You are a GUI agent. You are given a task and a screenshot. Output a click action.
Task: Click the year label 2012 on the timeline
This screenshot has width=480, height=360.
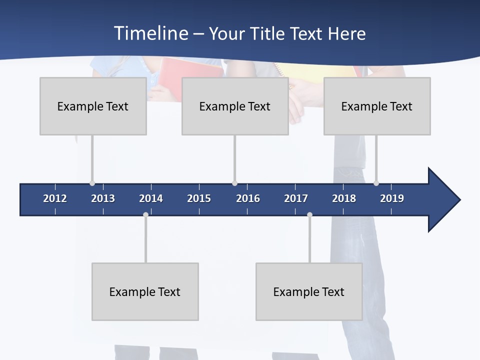pyautogui.click(x=55, y=198)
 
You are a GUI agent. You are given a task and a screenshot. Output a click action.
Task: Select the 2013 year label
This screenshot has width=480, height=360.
pyautogui.click(x=103, y=198)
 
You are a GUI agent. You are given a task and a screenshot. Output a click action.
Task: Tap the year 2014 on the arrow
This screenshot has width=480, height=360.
pyautogui.click(x=151, y=198)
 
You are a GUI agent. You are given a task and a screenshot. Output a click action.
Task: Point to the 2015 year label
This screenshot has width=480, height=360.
pyautogui.click(x=199, y=198)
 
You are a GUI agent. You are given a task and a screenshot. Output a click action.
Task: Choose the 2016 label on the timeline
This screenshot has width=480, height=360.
pyautogui.click(x=248, y=198)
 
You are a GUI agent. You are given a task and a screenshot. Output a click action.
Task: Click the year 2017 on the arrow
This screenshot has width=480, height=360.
pyautogui.click(x=296, y=198)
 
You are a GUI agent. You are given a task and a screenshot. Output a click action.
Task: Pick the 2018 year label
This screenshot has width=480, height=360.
pyautogui.click(x=344, y=198)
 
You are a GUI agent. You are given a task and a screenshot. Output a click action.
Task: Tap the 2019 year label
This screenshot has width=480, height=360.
pyautogui.click(x=392, y=198)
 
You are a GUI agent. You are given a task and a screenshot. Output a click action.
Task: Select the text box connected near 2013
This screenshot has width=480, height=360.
pyautogui.click(x=93, y=106)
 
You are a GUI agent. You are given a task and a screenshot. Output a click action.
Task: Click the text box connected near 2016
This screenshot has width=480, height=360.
pyautogui.click(x=235, y=106)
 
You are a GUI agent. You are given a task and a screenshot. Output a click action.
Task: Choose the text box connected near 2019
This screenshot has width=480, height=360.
pyautogui.click(x=377, y=106)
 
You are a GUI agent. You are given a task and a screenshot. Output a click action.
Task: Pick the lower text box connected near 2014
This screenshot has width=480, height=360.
pyautogui.click(x=145, y=291)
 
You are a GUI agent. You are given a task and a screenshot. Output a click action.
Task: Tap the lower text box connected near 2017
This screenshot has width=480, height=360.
pyautogui.click(x=309, y=291)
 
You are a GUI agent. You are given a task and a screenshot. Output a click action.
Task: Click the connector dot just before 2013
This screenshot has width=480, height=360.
pyautogui.click(x=92, y=183)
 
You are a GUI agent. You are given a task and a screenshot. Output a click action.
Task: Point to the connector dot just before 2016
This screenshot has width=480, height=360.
pyautogui.click(x=234, y=183)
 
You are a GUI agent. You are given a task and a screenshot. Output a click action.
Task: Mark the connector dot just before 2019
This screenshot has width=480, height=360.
pyautogui.click(x=376, y=183)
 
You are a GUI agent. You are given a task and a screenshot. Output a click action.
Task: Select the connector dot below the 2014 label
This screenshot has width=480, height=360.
pyautogui.click(x=145, y=214)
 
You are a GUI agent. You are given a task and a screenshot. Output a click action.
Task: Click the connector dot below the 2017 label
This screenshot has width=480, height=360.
pyautogui.click(x=309, y=214)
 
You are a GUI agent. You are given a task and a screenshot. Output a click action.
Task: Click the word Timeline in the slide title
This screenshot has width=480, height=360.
pyautogui.click(x=150, y=33)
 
